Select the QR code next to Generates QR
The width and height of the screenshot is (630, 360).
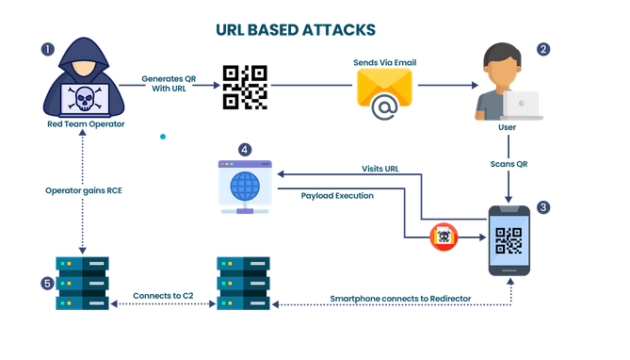[x=245, y=88]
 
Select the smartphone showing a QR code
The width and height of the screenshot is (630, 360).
[x=509, y=239]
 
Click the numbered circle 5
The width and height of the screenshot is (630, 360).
[x=45, y=282]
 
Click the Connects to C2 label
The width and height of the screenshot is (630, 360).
[x=163, y=295]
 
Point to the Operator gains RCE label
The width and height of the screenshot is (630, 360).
[x=83, y=191]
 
